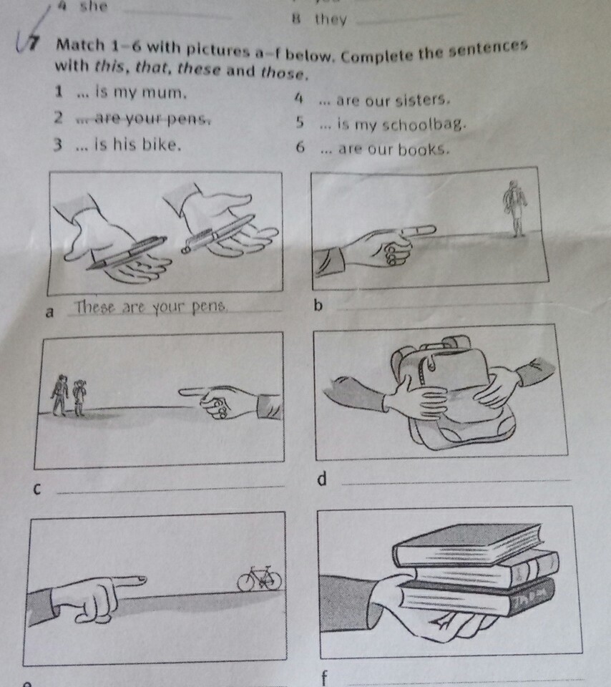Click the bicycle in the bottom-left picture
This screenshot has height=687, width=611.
pyautogui.click(x=259, y=578)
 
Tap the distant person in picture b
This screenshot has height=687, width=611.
pyautogui.click(x=515, y=208)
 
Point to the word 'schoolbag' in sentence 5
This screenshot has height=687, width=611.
pyautogui.click(x=423, y=125)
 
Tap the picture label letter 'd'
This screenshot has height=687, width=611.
pyautogui.click(x=322, y=479)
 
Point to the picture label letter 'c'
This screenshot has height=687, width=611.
pyautogui.click(x=37, y=489)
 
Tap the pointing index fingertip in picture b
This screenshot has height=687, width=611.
pyautogui.click(x=433, y=228)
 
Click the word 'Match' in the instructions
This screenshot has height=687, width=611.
pyautogui.click(x=81, y=45)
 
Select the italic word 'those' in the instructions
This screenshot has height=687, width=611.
pyautogui.click(x=283, y=72)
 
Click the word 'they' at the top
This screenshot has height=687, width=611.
pyautogui.click(x=331, y=20)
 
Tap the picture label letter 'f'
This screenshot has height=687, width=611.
pyautogui.click(x=324, y=678)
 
